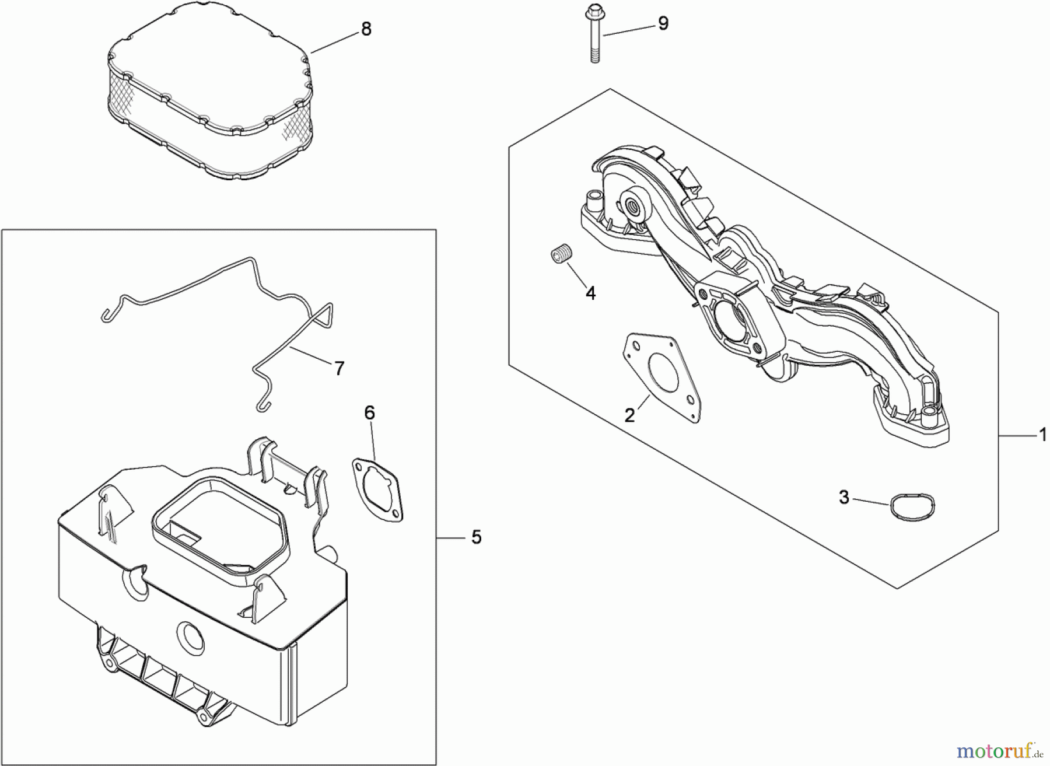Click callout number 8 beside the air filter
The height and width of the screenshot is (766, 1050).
click(x=366, y=29)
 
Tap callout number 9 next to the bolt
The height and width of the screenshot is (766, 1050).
click(x=663, y=23)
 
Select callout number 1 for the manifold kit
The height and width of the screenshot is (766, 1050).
click(x=1042, y=435)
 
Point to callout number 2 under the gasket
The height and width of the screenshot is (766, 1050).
click(x=629, y=415)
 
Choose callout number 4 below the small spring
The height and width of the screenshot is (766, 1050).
click(x=590, y=293)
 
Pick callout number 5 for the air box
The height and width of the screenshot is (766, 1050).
click(x=477, y=537)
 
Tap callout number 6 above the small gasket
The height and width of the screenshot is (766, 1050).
click(x=369, y=413)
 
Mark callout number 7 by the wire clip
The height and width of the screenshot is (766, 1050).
click(x=339, y=368)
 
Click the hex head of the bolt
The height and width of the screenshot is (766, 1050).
click(x=593, y=10)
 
